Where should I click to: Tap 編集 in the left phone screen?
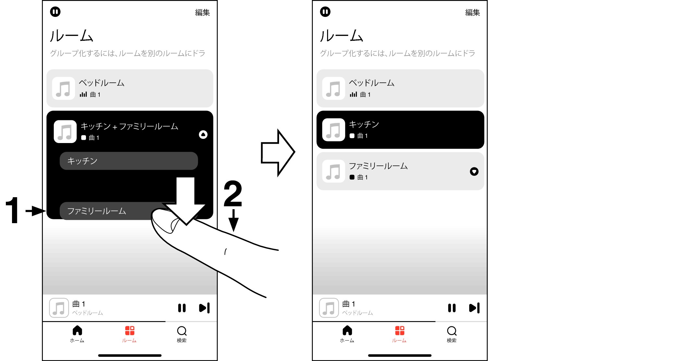point(202,13)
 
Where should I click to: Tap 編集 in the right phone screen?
point(472,13)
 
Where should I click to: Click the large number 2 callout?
point(233,194)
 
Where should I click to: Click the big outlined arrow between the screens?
point(278,152)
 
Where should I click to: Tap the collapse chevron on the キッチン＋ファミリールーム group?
point(203,135)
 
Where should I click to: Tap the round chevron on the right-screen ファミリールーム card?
point(474,172)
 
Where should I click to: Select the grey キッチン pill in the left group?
point(128,161)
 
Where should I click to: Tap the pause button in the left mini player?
point(182,308)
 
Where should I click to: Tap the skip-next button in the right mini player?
point(474,308)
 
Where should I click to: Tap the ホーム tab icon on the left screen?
point(77,331)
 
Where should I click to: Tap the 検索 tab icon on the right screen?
point(452,331)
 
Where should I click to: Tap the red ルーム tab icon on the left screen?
point(129,331)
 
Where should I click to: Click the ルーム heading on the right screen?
point(341,36)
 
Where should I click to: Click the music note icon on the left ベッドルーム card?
point(63,89)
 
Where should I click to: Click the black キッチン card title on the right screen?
point(364,125)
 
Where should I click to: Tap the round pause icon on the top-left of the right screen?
point(325,12)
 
